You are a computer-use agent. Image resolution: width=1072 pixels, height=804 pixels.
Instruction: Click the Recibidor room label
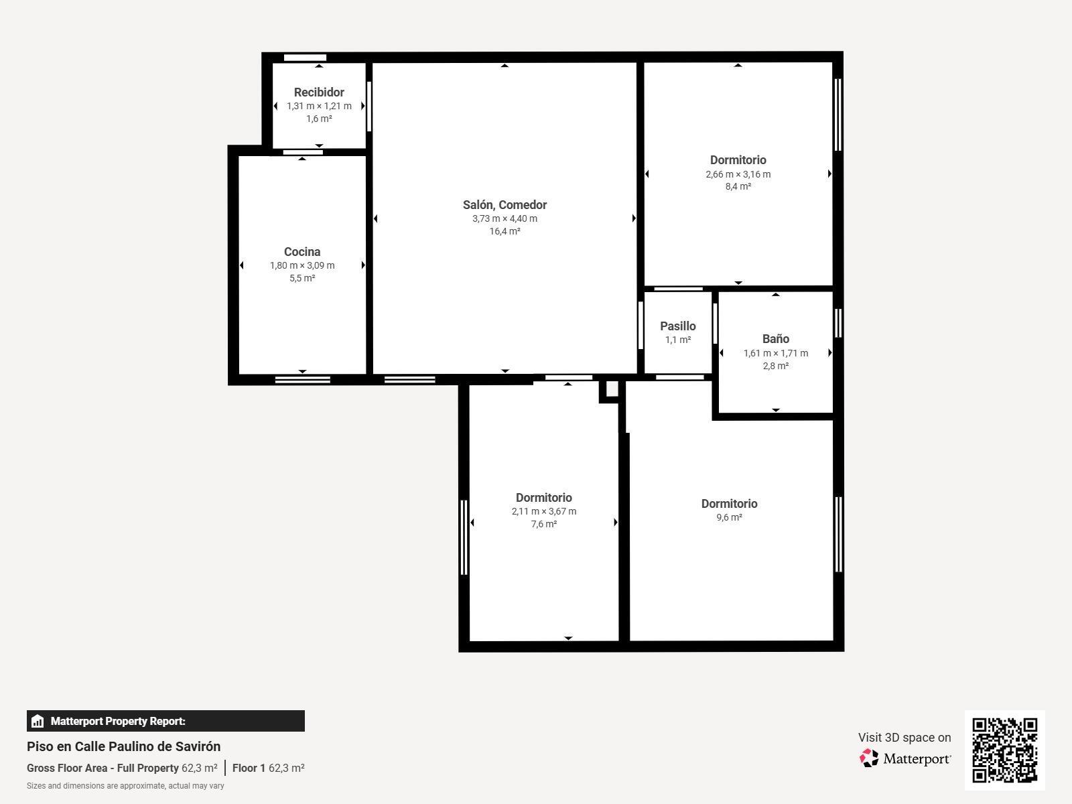click(319, 92)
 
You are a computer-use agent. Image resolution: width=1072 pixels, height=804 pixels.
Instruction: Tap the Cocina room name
click(302, 252)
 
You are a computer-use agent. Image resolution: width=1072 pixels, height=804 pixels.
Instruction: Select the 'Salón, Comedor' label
click(505, 205)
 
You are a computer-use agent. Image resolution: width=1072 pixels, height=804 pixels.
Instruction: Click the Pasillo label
click(678, 326)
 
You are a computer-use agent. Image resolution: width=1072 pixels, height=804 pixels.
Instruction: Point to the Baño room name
click(776, 339)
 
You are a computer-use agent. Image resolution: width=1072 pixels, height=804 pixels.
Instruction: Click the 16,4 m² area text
click(505, 231)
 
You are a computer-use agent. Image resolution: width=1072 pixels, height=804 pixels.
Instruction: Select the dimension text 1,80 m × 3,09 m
click(302, 265)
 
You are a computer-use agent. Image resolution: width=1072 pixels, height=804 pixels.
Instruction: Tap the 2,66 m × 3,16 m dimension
click(738, 174)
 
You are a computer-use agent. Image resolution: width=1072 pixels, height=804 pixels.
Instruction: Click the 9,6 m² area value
click(729, 517)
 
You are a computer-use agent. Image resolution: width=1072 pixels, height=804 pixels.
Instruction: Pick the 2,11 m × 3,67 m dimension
click(543, 512)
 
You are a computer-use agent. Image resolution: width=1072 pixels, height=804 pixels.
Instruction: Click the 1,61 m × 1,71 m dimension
click(776, 354)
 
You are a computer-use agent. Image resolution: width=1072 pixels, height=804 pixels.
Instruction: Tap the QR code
click(1004, 750)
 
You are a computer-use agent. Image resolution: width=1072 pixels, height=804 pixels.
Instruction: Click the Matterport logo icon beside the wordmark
click(869, 758)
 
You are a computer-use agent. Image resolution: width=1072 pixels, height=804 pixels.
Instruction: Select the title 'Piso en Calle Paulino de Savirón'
click(123, 746)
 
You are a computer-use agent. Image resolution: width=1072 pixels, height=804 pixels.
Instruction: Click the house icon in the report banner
click(38, 721)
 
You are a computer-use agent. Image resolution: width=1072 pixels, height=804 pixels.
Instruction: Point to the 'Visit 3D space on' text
click(904, 738)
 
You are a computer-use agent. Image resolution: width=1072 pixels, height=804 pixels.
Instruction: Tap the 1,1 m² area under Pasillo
click(678, 340)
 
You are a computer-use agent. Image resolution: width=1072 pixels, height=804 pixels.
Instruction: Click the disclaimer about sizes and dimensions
click(125, 786)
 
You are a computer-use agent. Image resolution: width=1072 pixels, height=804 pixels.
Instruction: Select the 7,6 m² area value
click(543, 525)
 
